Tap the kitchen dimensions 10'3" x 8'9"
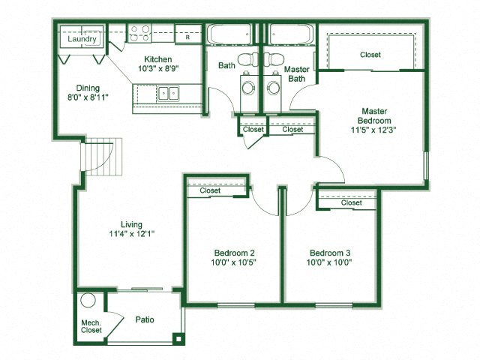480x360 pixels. pyautogui.click(x=154, y=69)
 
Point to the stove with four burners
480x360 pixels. pyautogui.click(x=139, y=33)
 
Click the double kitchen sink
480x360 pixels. pyautogui.click(x=167, y=94)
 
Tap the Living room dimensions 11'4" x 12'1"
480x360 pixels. pyautogui.click(x=137, y=233)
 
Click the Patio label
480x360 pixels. pyautogui.click(x=145, y=319)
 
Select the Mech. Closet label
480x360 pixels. pyautogui.click(x=91, y=327)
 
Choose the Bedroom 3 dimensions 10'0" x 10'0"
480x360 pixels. pyautogui.click(x=330, y=262)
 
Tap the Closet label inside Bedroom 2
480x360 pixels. pyautogui.click(x=210, y=190)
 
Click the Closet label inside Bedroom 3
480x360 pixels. pyautogui.click(x=351, y=202)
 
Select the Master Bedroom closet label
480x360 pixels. pyautogui.click(x=370, y=55)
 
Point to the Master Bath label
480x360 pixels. pyautogui.click(x=293, y=73)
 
